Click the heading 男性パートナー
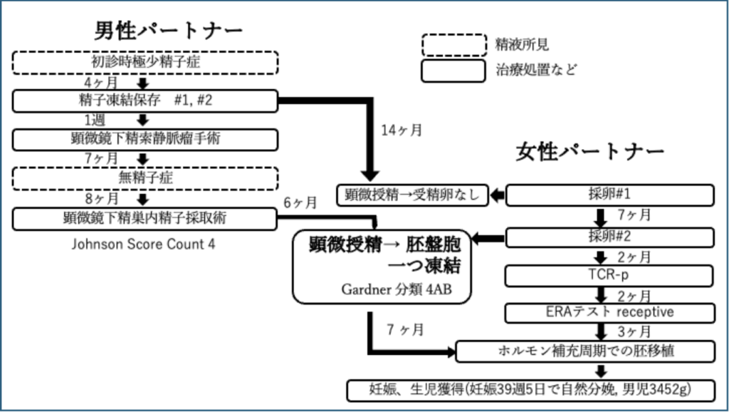pos(169,31)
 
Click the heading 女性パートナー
pos(590,152)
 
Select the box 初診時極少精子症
pos(145,63)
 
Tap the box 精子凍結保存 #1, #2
pos(145,101)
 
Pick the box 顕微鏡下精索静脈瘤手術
pos(145,139)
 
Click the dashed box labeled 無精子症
pos(145,177)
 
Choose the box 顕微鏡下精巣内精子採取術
pos(145,217)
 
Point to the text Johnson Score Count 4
pos(143,244)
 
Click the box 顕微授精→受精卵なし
pos(412,195)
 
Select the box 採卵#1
pos(609,195)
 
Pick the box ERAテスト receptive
pos(609,312)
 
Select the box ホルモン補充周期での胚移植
pos(584,351)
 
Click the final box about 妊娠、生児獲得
pos(531,390)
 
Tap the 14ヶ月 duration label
pos(402,130)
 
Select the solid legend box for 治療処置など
pos(453,70)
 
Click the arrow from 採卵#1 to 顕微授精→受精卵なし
pos(497,195)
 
